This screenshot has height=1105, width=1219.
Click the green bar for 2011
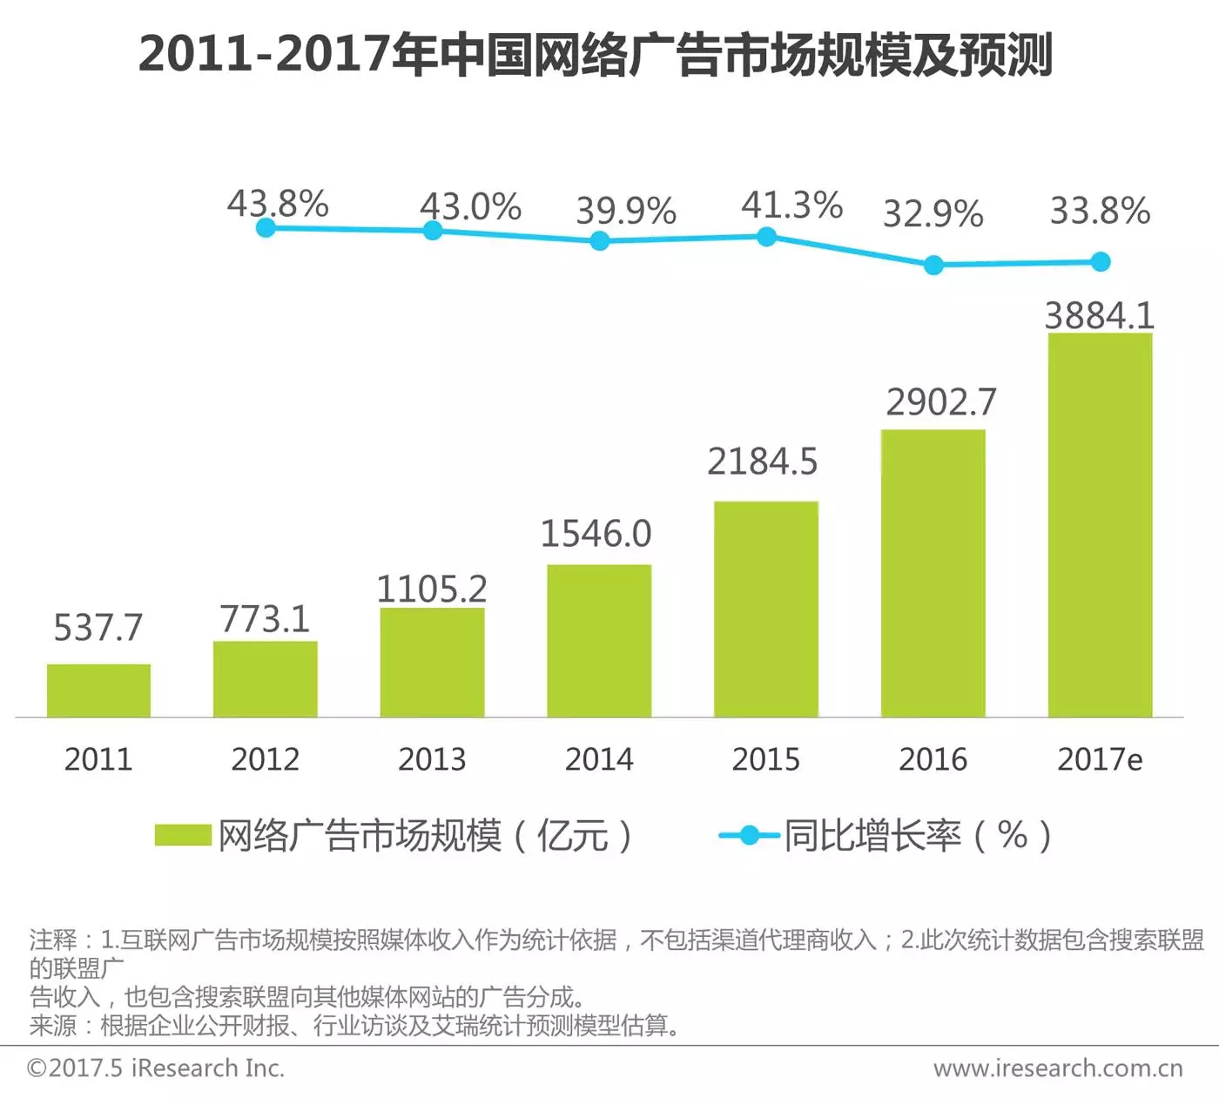[98, 691]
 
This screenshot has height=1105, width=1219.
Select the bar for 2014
[599, 641]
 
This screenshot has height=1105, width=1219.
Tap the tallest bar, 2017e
[1100, 525]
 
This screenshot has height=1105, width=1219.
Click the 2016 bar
[933, 573]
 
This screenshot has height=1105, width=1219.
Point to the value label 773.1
[265, 619]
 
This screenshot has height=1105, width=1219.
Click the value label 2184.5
[762, 462]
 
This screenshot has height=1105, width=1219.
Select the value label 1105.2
[431, 590]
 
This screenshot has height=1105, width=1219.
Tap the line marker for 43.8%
[266, 228]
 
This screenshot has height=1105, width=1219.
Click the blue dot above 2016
[933, 266]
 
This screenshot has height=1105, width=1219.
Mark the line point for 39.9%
[599, 241]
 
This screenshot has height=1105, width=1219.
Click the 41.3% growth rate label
[791, 206]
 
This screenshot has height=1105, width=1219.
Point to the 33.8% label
[1100, 211]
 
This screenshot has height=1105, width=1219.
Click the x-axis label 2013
[432, 759]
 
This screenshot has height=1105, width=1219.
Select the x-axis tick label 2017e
[1100, 759]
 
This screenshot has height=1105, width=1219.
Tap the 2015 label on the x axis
[765, 759]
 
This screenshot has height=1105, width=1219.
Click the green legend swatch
[183, 835]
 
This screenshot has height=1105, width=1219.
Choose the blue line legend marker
[749, 836]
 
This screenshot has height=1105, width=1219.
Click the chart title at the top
[596, 54]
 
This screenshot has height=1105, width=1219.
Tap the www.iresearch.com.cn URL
[1058, 1068]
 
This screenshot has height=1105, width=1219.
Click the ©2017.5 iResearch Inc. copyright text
[156, 1068]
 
